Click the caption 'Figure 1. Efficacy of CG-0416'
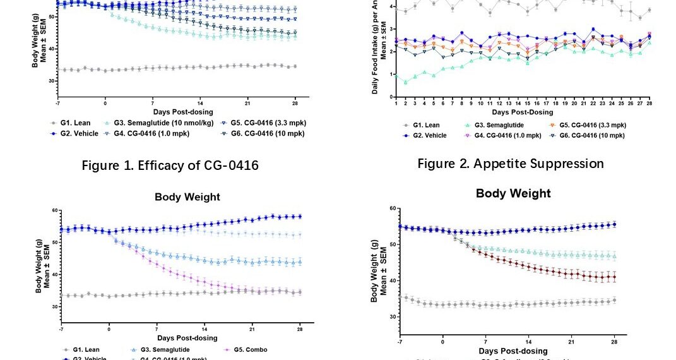170,165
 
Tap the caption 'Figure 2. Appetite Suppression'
511,164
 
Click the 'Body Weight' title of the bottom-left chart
187,197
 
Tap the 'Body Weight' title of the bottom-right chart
513,193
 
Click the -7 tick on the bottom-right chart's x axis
400,342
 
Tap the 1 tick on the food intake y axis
392,75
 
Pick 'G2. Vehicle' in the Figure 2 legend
430,135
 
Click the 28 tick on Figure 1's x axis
295,103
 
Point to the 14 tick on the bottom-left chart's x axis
204,329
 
